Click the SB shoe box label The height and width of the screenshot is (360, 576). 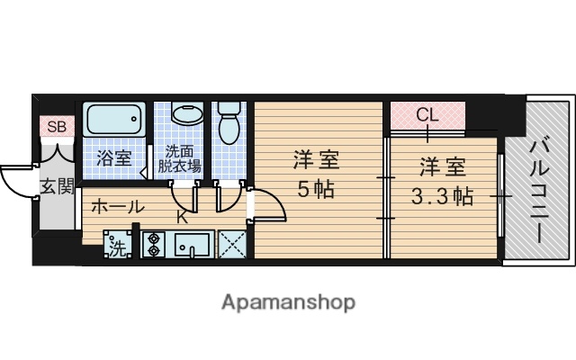(57, 127)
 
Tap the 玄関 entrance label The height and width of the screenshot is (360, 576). (56, 186)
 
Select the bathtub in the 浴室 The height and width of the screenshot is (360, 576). (114, 120)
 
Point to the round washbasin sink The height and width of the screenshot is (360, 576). (186, 117)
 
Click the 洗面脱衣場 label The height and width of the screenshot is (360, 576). (180, 159)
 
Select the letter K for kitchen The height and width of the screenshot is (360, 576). (181, 218)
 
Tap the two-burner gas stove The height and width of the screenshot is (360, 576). (152, 245)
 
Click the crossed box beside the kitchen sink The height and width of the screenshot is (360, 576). (231, 245)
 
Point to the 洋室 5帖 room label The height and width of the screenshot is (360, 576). (315, 177)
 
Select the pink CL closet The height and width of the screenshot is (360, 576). (427, 115)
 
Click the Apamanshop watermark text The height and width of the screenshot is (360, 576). (288, 301)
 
